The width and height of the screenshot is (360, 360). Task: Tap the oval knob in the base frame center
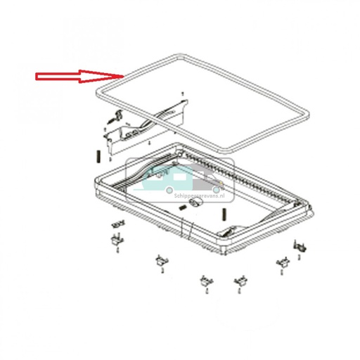pyautogui.click(x=197, y=203)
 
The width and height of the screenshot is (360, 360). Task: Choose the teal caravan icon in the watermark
pyautogui.click(x=159, y=179)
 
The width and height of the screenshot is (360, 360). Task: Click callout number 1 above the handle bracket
pyautogui.click(x=183, y=93)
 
